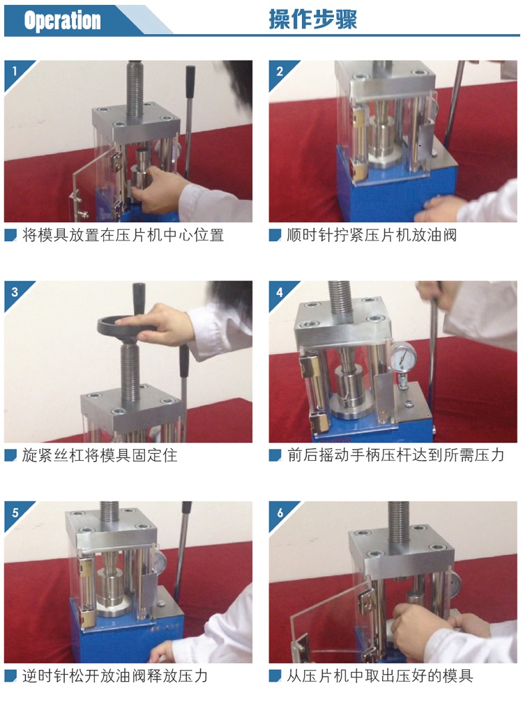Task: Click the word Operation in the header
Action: tap(62, 20)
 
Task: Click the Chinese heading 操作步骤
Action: tap(313, 20)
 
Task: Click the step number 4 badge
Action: tap(280, 291)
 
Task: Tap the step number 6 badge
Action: tap(280, 512)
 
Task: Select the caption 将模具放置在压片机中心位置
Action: tap(123, 236)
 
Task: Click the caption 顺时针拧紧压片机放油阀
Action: tap(372, 236)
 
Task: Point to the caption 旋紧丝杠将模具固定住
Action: tap(100, 456)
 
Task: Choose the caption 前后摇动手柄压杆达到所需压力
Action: tap(395, 456)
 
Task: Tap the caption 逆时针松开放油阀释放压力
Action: tap(115, 676)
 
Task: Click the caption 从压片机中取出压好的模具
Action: tap(380, 676)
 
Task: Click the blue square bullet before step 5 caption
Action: tap(10, 676)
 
